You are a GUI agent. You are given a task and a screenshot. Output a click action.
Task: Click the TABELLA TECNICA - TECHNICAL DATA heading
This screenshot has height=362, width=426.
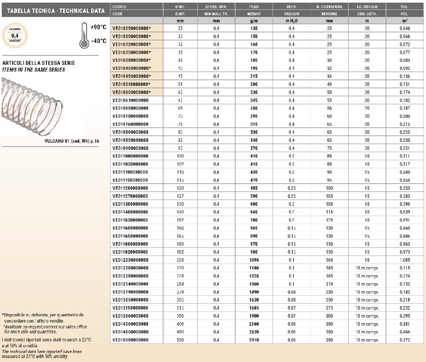pyautogui.click(x=53, y=11)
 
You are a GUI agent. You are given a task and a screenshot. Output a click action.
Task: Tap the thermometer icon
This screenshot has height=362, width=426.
pyautogui.click(x=84, y=36)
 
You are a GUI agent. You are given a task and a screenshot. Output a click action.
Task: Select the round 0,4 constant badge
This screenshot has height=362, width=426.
pyautogui.click(x=15, y=35)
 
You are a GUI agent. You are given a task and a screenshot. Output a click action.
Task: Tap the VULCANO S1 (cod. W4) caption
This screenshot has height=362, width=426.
pyautogui.click(x=72, y=141)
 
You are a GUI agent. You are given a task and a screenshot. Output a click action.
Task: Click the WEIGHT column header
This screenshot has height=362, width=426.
pyautogui.click(x=254, y=14)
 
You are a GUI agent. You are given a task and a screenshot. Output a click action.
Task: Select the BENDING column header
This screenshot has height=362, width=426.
pyautogui.click(x=329, y=14)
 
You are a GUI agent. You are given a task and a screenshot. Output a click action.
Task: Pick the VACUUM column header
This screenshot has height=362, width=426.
pyautogui.click(x=291, y=14)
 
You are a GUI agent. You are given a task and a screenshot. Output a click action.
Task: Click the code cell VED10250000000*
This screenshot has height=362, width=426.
pyautogui.click(x=132, y=28)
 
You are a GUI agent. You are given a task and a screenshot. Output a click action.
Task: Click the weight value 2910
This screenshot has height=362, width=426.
pyautogui.click(x=254, y=340)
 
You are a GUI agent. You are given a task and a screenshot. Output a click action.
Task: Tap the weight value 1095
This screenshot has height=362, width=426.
pyautogui.click(x=254, y=260)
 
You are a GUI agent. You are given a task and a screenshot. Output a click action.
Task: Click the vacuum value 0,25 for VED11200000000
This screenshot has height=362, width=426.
pyautogui.click(x=291, y=188)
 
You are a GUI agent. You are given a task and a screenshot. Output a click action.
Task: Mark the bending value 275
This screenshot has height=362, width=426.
pyautogui.click(x=329, y=308)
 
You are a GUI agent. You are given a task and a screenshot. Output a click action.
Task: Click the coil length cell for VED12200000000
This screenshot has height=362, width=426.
pyautogui.click(x=367, y=268)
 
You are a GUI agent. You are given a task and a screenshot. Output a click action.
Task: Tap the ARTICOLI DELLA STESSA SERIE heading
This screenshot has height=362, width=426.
pyautogui.click(x=39, y=63)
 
